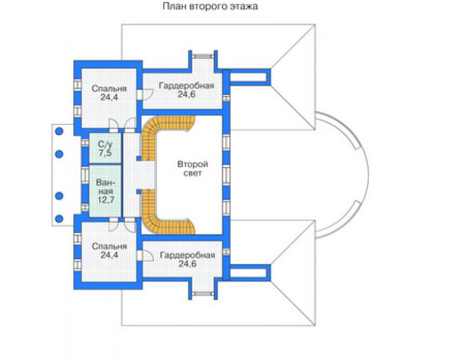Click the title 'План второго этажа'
tap(211, 6)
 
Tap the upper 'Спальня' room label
tap(109, 89)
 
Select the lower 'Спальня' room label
tap(109, 246)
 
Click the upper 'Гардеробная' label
tap(186, 85)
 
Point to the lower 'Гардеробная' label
tap(187, 255)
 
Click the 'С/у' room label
tap(106, 145)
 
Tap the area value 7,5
tap(106, 153)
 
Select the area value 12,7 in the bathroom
tap(106, 200)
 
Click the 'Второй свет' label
tap(192, 168)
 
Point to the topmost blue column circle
tap(59, 131)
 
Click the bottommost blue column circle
tap(59, 219)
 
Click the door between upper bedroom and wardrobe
tap(145, 95)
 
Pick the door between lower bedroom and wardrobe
tap(145, 256)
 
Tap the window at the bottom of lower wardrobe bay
tap(203, 293)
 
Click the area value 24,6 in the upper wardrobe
tap(187, 94)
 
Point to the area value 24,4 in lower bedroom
tap(109, 254)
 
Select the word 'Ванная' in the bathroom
tap(106, 187)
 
